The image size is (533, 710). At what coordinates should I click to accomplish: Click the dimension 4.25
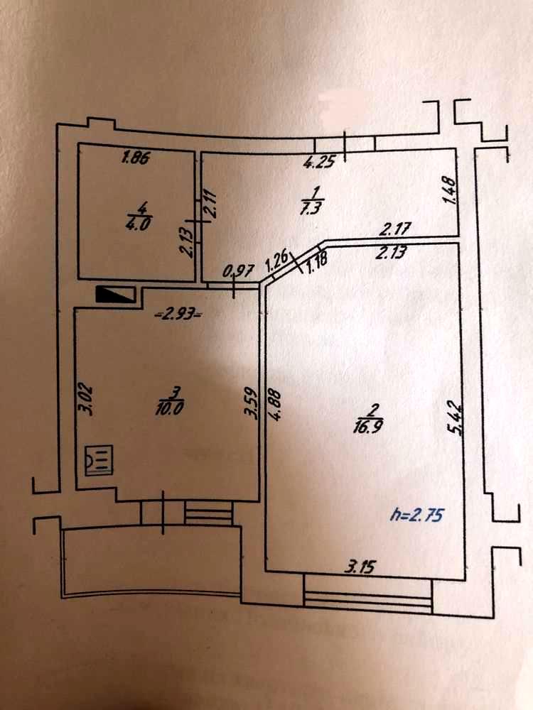pos(319,163)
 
